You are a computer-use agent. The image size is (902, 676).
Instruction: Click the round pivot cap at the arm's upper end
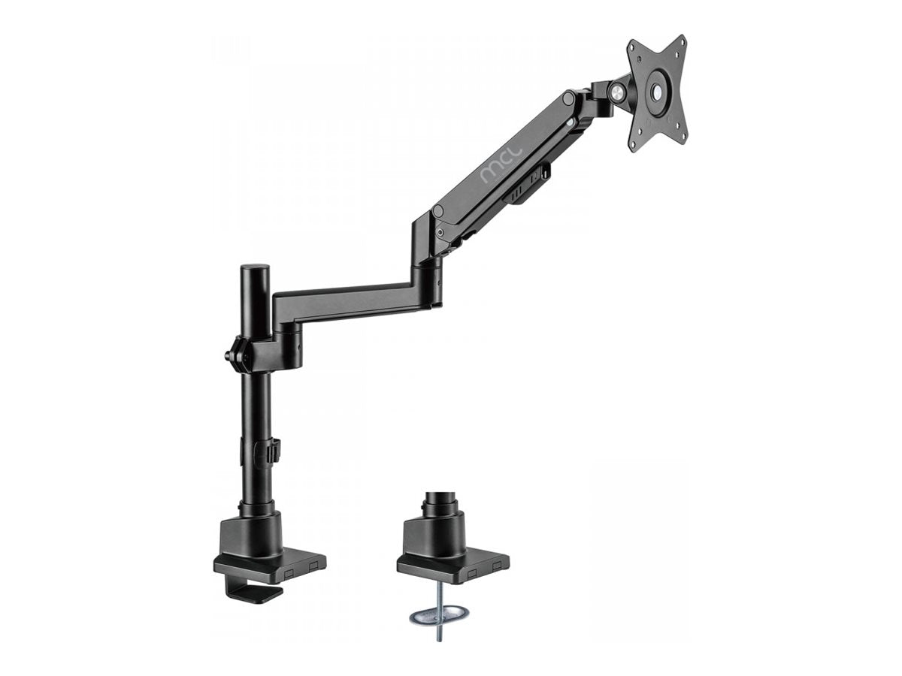(x=570, y=99)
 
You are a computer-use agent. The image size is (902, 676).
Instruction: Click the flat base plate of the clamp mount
(x=271, y=565)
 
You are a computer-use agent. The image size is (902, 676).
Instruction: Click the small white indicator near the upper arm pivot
(x=575, y=120)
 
